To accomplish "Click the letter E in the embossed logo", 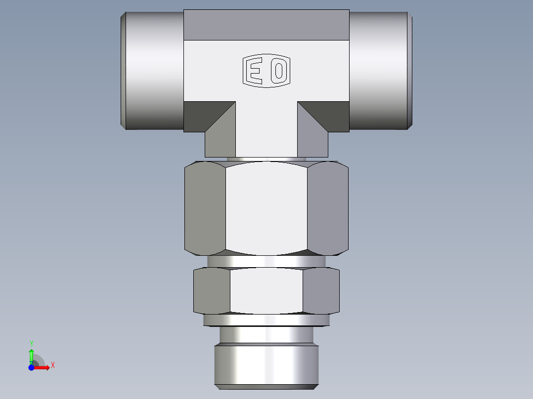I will point(255,72).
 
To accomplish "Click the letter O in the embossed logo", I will point(278,72).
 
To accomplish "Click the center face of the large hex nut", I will point(266,208).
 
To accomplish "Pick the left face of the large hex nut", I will point(205,208).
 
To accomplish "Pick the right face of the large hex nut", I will point(328,208).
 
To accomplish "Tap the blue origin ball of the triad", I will point(31,367).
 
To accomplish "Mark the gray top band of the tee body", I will point(266,25).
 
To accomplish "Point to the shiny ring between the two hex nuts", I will point(266,261).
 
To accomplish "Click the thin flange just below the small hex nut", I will point(266,320).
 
